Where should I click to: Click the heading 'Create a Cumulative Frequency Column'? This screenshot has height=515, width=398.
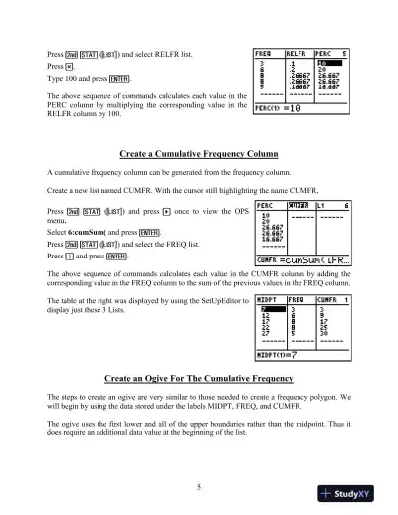click(x=198, y=155)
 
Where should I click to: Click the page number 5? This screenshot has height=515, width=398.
click(x=199, y=458)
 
